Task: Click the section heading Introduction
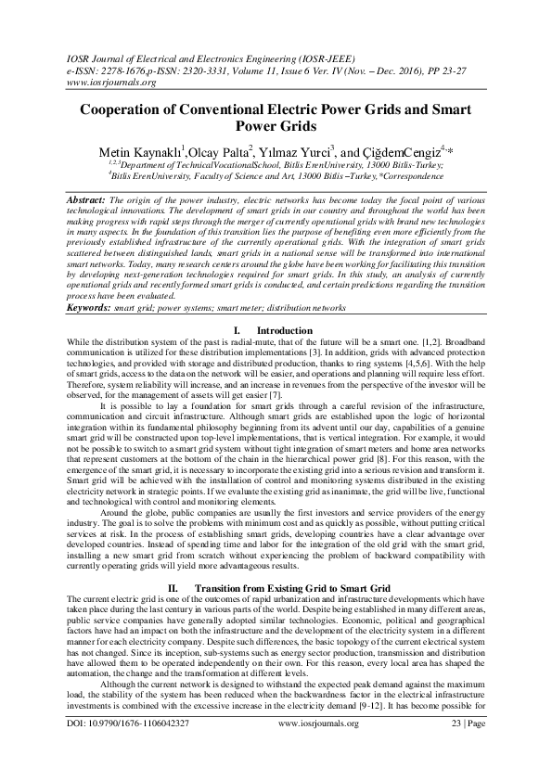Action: pyautogui.click(x=284, y=331)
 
